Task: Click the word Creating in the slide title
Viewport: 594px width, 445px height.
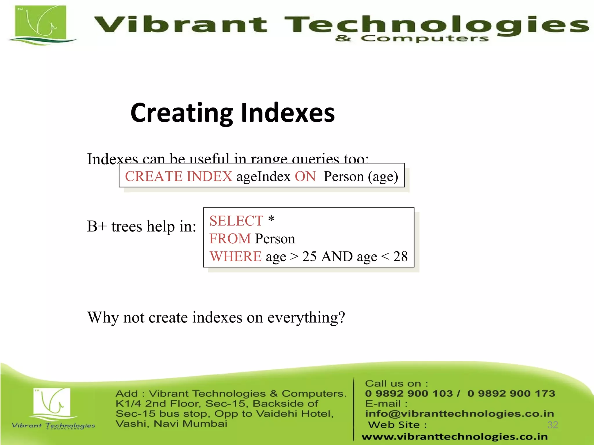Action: (182, 113)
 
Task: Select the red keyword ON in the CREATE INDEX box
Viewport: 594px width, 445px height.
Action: (305, 176)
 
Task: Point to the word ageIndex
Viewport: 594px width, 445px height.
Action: (263, 176)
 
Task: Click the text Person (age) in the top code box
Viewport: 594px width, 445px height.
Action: (361, 176)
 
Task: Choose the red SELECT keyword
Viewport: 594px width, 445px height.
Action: (236, 221)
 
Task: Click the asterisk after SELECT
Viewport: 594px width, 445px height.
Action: (271, 219)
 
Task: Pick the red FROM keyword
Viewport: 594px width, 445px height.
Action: (230, 239)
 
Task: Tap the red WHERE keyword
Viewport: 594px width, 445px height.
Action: (236, 257)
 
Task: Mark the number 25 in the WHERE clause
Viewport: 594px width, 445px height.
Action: (309, 257)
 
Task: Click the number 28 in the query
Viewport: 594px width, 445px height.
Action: (400, 257)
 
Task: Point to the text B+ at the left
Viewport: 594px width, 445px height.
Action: (97, 226)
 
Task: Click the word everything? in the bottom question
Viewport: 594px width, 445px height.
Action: (306, 318)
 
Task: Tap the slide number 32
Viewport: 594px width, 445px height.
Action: (553, 425)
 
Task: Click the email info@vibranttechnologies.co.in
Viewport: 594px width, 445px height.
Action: (459, 414)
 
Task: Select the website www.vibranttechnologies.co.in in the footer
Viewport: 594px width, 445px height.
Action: (454, 437)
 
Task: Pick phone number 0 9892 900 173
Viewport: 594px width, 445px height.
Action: (511, 393)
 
